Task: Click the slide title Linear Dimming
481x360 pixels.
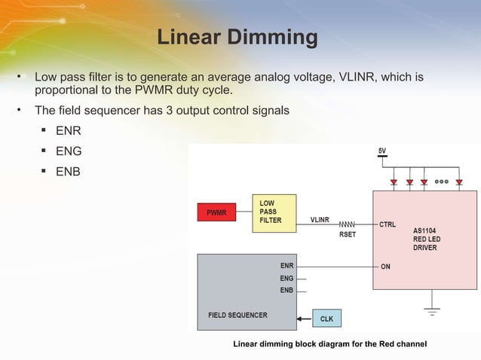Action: click(x=237, y=37)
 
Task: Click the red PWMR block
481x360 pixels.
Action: click(x=216, y=213)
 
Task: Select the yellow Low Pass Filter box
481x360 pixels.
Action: click(x=274, y=212)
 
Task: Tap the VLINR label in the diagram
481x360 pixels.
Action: click(x=320, y=219)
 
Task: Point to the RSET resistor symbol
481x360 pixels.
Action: click(x=347, y=224)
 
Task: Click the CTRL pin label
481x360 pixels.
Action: click(x=388, y=224)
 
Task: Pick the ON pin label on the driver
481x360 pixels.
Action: click(x=385, y=267)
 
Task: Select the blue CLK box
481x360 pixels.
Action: click(x=326, y=319)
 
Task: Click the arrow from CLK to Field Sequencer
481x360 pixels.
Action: click(x=304, y=319)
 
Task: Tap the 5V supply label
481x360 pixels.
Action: click(x=382, y=151)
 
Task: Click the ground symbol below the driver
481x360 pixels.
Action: click(x=432, y=310)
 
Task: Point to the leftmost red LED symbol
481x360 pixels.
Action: click(x=393, y=182)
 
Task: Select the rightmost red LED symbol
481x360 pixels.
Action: click(x=459, y=182)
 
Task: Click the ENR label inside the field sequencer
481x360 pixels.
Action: click(x=286, y=266)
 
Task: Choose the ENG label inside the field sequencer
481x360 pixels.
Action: click(x=286, y=278)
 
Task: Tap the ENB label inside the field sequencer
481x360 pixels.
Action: click(x=286, y=290)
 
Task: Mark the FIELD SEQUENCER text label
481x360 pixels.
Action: click(x=237, y=315)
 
